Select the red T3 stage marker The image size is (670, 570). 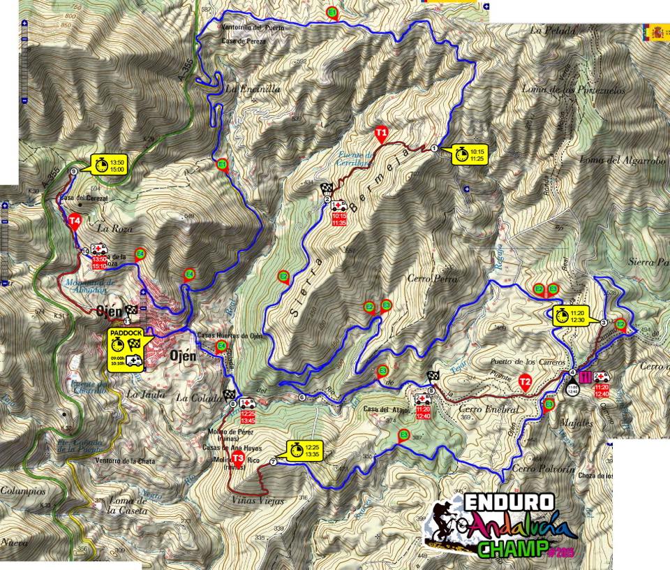click(x=238, y=458)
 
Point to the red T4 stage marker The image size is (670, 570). click(x=76, y=221)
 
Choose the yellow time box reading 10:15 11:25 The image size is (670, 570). click(x=470, y=154)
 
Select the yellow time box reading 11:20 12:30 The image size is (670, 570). click(x=571, y=315)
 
